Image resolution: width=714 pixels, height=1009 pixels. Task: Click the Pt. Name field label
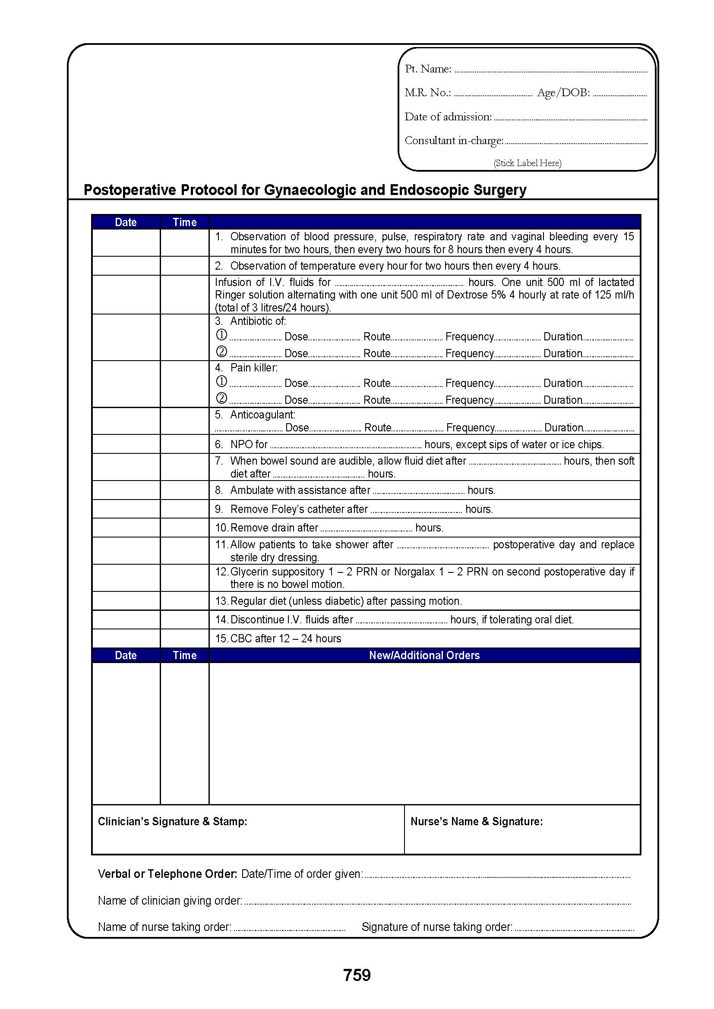[x=428, y=69]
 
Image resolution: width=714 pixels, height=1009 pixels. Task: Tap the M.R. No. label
[x=427, y=93]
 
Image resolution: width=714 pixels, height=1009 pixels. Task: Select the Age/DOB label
[x=563, y=93]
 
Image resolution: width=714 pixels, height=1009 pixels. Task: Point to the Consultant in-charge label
[x=454, y=141]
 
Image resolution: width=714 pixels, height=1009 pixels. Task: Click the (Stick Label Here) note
[x=527, y=163]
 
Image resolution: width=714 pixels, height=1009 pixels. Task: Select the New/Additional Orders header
[x=424, y=655]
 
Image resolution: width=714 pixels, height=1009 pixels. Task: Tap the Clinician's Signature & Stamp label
[x=172, y=821]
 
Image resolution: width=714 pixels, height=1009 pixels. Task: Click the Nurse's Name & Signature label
[x=477, y=821]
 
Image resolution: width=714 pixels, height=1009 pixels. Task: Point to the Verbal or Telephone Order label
[x=167, y=874]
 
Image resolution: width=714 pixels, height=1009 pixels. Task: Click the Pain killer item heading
[x=254, y=368]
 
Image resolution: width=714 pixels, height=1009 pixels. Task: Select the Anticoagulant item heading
[x=262, y=415]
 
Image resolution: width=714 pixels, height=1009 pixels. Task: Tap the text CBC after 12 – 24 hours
[x=285, y=638]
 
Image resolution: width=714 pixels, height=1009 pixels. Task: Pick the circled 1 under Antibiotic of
[x=221, y=335]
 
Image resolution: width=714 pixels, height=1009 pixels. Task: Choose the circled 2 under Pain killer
[x=221, y=399]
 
